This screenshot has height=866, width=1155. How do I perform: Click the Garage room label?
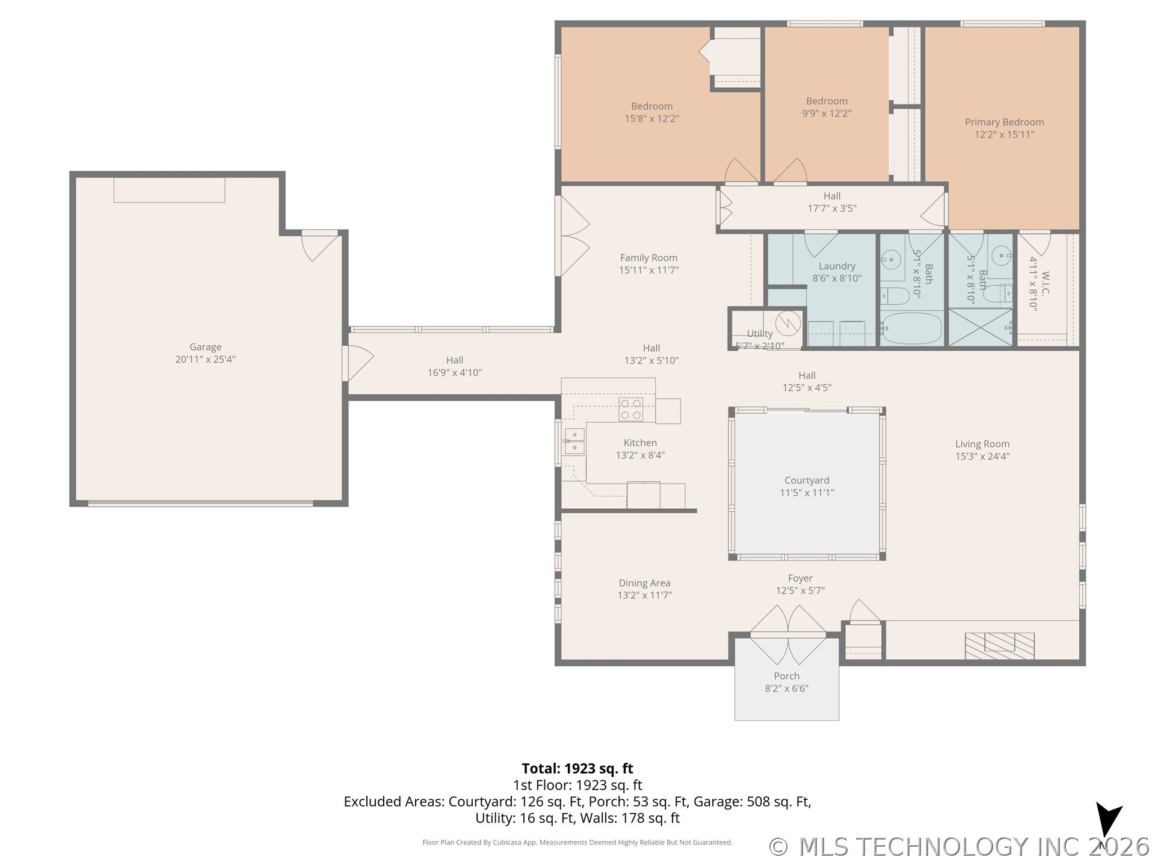tap(205, 347)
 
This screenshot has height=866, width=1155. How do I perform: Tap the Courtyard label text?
tap(807, 481)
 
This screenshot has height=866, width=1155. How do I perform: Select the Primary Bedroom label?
tap(1004, 122)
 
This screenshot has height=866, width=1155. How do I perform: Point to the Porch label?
tap(786, 676)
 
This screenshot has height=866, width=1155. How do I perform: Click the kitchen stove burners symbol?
tap(630, 410)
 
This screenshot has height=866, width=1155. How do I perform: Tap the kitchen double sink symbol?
tap(574, 441)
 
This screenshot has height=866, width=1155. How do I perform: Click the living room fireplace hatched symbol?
tap(999, 646)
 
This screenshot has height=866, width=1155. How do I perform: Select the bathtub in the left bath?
tap(911, 328)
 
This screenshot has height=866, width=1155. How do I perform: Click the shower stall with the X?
tap(981, 327)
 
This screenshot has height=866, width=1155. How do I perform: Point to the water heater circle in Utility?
tap(787, 324)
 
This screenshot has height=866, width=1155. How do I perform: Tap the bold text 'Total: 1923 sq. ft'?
tap(577, 769)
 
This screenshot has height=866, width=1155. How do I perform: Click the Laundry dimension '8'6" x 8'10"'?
tap(837, 278)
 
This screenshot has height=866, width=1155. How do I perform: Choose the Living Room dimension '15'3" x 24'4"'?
tap(982, 456)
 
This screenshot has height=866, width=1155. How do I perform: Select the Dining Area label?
tap(644, 583)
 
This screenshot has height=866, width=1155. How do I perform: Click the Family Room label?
tap(648, 258)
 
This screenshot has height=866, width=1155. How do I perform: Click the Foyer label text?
tap(800, 579)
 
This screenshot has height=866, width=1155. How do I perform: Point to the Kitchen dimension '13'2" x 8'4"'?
tap(640, 455)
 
